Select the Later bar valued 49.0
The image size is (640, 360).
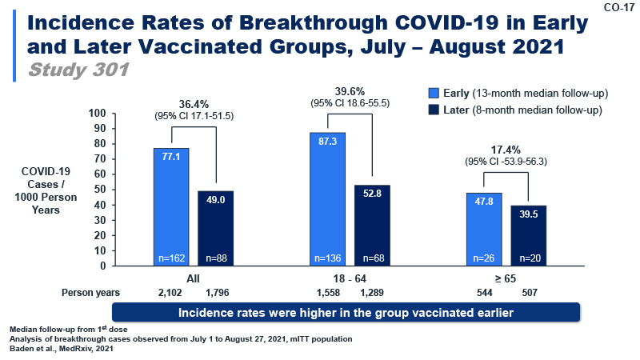pyautogui.click(x=215, y=228)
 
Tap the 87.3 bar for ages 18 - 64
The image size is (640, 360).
pyautogui.click(x=327, y=198)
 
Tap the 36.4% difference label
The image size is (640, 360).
pyautogui.click(x=194, y=103)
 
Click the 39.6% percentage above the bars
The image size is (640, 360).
pyautogui.click(x=350, y=90)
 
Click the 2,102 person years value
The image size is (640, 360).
pyautogui.click(x=170, y=293)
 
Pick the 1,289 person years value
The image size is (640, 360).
pyautogui.click(x=372, y=293)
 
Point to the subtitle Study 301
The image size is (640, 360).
pyautogui.click(x=78, y=70)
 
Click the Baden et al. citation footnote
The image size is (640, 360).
pyautogui.click(x=60, y=348)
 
